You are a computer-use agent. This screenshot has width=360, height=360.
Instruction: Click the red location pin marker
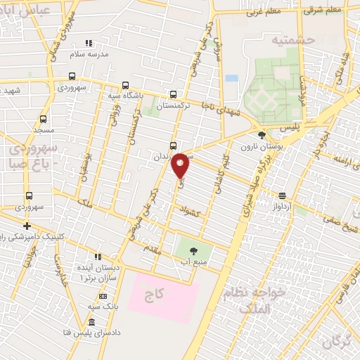[181, 164]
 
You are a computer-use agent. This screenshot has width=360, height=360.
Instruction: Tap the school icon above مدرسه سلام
[88, 42]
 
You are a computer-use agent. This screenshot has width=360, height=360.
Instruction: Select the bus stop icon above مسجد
[44, 119]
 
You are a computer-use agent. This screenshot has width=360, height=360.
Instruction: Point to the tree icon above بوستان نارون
[262, 135]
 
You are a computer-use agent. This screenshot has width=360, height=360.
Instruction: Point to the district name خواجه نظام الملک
[253, 298]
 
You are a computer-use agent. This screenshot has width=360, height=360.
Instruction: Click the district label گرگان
[337, 342]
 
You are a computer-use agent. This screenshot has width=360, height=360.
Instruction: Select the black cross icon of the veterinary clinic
[27, 226]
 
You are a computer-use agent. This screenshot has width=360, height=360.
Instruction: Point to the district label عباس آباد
[28, 11]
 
